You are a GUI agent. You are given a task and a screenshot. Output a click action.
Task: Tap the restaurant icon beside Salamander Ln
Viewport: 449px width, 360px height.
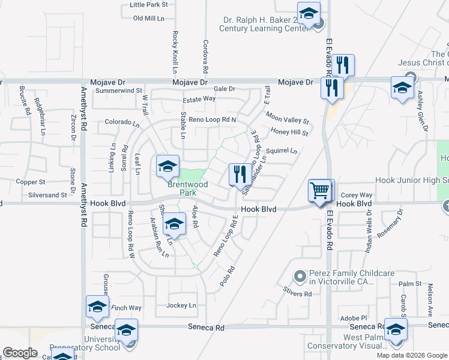pyautogui.click(x=240, y=175)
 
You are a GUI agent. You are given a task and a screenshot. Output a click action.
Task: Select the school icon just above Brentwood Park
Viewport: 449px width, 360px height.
pyautogui.click(x=167, y=167)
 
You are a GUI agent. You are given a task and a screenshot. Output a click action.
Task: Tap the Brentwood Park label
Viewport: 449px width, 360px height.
pyautogui.click(x=187, y=188)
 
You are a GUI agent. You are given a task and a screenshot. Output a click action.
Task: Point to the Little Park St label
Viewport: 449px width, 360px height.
pyautogui.click(x=148, y=4)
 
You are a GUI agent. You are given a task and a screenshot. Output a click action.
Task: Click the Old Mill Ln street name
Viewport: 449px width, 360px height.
pyautogui.click(x=148, y=19)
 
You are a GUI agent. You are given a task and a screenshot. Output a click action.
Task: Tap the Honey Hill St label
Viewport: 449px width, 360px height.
pyautogui.click(x=289, y=132)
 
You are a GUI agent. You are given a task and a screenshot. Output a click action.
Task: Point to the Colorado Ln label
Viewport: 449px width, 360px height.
pyautogui.click(x=122, y=122)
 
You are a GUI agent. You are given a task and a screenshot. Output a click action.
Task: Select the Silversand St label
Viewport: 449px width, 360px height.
pyautogui.click(x=47, y=195)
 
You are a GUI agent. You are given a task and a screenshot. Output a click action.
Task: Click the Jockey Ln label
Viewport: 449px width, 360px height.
pyautogui.click(x=181, y=305)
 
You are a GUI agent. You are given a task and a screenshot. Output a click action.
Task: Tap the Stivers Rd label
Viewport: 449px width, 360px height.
pyautogui.click(x=298, y=294)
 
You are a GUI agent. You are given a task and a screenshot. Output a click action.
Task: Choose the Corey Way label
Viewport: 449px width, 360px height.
pyautogui.click(x=357, y=195)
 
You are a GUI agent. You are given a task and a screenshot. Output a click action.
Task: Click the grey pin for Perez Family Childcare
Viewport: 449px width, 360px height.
pyautogui.click(x=300, y=276)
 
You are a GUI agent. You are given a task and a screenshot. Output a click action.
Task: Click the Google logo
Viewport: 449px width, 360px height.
pyautogui.click(x=20, y=353)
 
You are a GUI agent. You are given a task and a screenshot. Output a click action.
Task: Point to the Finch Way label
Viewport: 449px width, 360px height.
pyautogui.click(x=126, y=308)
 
